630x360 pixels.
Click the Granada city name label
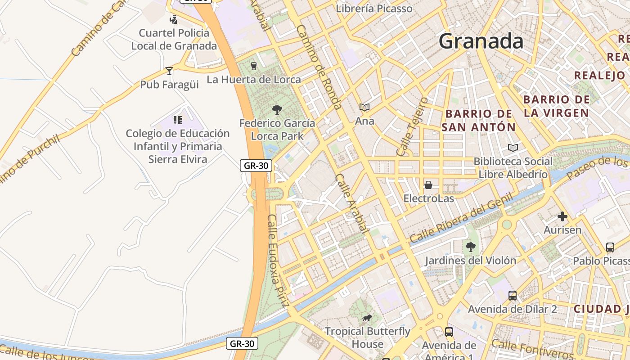481,41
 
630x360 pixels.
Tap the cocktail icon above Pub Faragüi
169,71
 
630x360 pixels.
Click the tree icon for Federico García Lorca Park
277,109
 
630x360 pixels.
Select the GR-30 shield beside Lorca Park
256,166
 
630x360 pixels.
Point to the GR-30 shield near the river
242,344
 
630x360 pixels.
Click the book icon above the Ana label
364,108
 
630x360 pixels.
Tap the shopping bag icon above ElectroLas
428,185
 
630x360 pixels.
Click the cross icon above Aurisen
562,216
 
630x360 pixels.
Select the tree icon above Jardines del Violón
471,247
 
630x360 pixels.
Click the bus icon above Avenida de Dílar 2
513,296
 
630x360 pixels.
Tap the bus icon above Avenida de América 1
449,332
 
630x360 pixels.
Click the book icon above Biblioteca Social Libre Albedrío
513,148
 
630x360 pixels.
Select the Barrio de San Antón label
478,121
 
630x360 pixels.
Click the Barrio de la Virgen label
557,106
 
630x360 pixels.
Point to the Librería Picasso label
374,9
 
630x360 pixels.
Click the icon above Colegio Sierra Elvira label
178,120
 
